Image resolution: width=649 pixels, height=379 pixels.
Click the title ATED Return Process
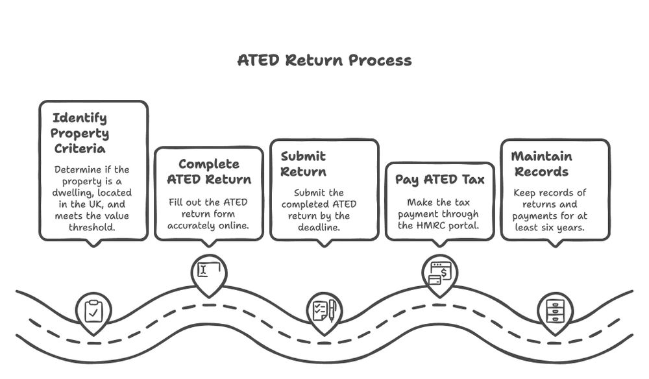(x=324, y=60)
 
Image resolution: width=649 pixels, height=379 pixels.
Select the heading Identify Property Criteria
(x=80, y=133)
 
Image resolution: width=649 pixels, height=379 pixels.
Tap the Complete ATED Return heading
(x=208, y=171)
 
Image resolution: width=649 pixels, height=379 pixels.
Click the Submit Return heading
(x=303, y=164)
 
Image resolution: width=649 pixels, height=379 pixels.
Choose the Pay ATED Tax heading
(x=439, y=180)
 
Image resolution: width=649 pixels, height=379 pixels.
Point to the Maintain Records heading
(x=541, y=164)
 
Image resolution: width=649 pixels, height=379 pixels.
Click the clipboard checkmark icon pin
(x=93, y=312)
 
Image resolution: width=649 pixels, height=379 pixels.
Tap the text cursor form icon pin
(x=208, y=271)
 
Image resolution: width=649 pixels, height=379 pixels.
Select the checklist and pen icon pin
(x=324, y=310)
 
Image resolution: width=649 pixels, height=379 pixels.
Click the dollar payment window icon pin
(x=439, y=271)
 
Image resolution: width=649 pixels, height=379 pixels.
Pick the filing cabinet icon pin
(x=555, y=311)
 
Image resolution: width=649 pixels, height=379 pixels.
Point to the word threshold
(x=93, y=228)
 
